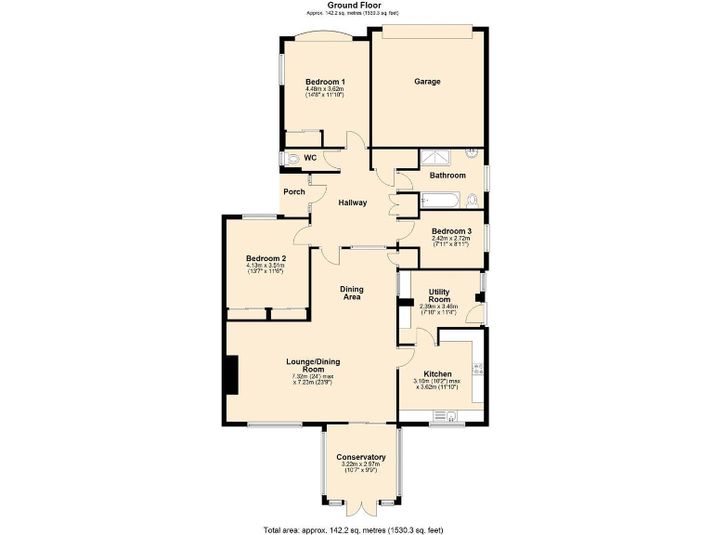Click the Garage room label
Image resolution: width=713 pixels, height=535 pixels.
427,82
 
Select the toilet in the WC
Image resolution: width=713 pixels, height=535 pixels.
293,159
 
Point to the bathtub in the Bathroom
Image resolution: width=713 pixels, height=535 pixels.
439,200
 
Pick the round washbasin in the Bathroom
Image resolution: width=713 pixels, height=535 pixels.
472,152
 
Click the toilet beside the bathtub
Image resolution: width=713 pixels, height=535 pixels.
473,199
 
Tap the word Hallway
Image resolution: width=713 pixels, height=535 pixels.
353,202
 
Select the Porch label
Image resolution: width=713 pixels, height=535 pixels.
294,192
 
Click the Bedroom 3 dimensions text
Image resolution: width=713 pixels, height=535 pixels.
451,241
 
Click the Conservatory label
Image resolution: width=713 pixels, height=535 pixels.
361,458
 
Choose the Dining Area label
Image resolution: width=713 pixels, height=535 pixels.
352,294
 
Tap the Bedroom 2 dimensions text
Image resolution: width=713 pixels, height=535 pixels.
266,268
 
